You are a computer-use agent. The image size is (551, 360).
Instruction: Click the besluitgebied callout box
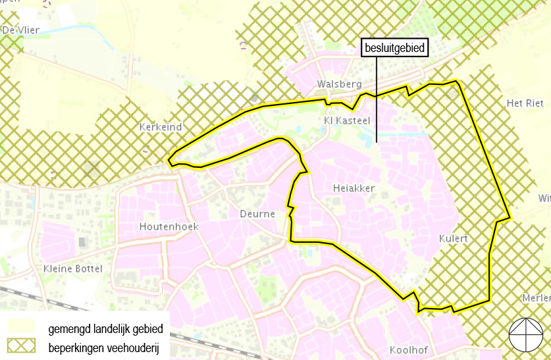[394, 48]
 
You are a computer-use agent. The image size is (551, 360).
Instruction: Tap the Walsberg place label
[340, 84]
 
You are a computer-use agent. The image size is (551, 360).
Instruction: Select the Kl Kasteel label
[348, 120]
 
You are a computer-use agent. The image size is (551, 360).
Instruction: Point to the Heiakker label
[354, 188]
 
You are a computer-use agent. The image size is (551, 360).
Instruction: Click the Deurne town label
[257, 214]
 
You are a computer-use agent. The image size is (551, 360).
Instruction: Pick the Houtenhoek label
[169, 226]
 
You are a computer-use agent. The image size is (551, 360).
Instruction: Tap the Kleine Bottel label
[72, 269]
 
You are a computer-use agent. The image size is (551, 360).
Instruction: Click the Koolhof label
[409, 349]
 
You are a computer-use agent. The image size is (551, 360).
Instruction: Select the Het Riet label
[525, 103]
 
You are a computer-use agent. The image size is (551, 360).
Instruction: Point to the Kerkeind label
[161, 126]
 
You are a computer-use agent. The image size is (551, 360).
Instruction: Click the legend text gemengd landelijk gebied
[105, 328]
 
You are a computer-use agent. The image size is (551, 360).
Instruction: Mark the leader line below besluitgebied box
[377, 99]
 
